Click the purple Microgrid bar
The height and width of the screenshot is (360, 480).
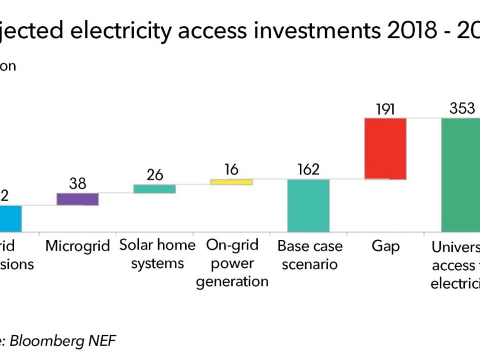(77, 199)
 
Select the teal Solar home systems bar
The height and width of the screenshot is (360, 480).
(154, 189)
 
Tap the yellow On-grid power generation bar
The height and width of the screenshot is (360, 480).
(231, 182)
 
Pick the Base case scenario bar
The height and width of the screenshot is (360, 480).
(308, 206)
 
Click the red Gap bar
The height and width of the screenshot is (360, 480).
(385, 149)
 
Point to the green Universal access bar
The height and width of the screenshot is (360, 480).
(460, 175)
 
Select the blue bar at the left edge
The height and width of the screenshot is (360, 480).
(10, 218)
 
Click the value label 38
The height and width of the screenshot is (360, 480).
(77, 184)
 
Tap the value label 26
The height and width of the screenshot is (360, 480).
(154, 175)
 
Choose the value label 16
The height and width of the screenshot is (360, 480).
(231, 170)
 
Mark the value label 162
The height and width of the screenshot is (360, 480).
(308, 170)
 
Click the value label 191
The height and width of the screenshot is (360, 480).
(385, 109)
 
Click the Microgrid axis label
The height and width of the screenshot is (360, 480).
(77, 246)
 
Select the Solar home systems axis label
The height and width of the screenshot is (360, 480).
(157, 255)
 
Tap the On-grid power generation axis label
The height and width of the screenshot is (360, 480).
(232, 263)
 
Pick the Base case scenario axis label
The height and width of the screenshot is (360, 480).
(310, 255)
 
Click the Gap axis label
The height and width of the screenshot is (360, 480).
(385, 246)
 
